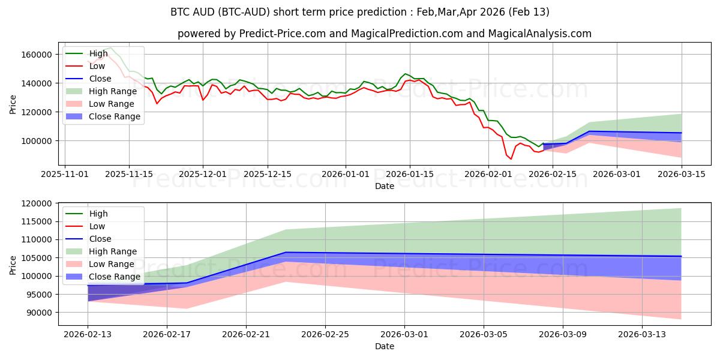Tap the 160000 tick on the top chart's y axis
tap(38, 55)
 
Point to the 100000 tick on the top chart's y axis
tap(38, 140)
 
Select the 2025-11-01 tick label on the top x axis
tap(65, 174)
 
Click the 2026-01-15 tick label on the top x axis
tap(410, 174)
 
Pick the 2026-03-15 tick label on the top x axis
tap(681, 174)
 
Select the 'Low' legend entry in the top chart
tap(97, 66)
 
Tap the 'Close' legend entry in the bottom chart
tap(100, 239)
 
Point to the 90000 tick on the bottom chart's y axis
tap(38, 313)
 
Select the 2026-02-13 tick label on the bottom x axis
tap(88, 334)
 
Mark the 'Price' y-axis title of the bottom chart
tap(14, 263)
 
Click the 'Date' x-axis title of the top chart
tap(385, 186)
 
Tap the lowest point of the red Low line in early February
tap(511, 159)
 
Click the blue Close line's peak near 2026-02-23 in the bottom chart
tap(286, 252)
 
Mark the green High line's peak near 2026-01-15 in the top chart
tap(406, 74)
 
